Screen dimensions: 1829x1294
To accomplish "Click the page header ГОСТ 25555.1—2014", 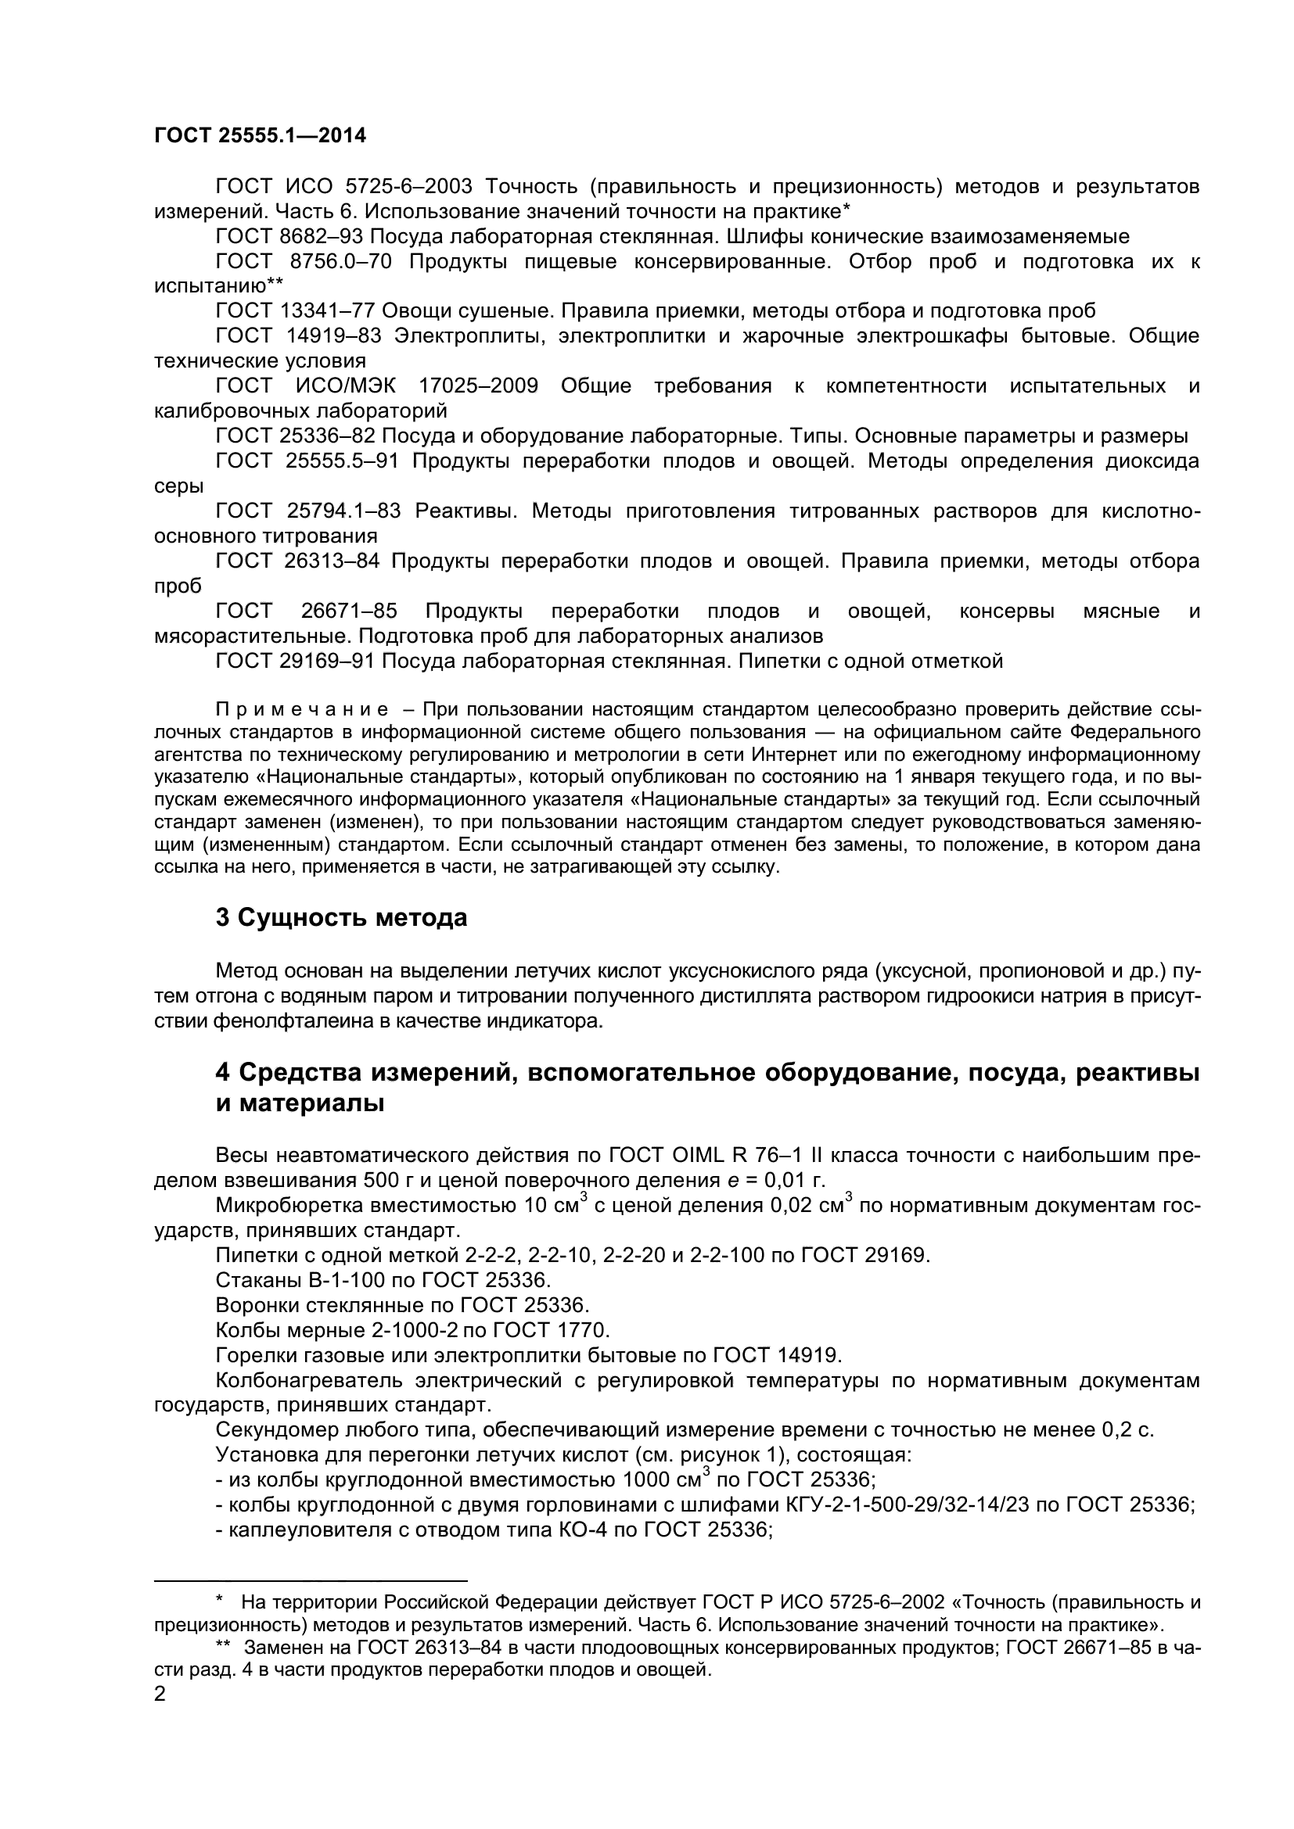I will tap(260, 135).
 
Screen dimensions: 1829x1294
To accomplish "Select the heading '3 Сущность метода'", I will tap(341, 918).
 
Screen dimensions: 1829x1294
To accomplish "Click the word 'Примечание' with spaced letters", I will tap(302, 710).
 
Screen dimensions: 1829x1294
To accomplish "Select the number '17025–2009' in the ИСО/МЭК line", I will tap(478, 386).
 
